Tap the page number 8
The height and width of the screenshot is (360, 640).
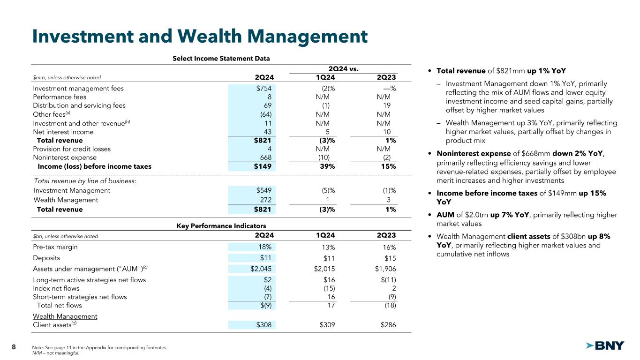click(14, 347)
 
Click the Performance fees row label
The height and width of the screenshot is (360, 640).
click(60, 97)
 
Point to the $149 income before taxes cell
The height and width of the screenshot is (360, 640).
click(263, 166)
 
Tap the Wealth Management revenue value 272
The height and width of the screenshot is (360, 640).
click(266, 200)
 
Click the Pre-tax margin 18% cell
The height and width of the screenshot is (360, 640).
click(265, 247)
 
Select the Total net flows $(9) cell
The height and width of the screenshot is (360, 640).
click(265, 306)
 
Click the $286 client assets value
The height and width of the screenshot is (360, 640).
click(388, 325)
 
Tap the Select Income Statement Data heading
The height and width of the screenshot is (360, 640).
click(221, 59)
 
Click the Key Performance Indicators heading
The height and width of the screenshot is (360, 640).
click(221, 225)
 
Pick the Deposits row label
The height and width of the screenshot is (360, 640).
click(46, 258)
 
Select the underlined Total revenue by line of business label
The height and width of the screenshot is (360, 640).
click(85, 181)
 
